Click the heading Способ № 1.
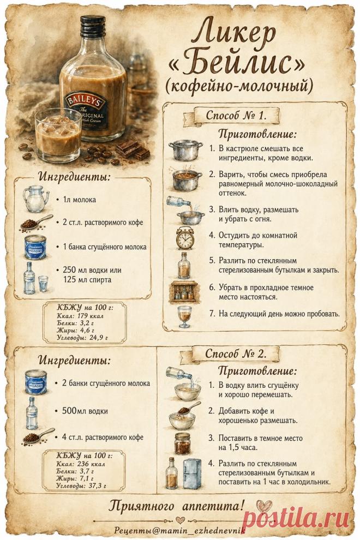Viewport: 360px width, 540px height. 236,115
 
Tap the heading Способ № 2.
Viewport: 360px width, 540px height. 236,353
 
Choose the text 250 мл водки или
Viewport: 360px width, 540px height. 92,269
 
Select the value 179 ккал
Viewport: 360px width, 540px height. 87,316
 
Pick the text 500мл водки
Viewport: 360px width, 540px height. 85,411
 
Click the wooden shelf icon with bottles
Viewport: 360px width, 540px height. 184,292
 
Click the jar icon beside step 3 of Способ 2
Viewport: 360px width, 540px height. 183,443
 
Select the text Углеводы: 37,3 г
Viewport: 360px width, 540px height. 81,486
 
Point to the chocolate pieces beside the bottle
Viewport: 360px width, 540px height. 133,151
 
